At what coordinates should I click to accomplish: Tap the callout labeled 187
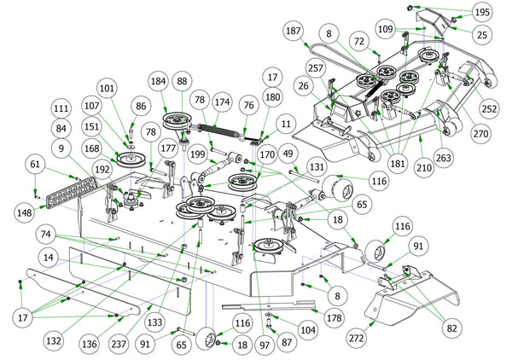click(293, 31)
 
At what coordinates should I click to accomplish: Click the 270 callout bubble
click(480, 135)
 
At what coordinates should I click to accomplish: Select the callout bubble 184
click(158, 81)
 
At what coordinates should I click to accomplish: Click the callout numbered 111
click(60, 110)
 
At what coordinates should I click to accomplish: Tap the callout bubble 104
click(307, 328)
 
